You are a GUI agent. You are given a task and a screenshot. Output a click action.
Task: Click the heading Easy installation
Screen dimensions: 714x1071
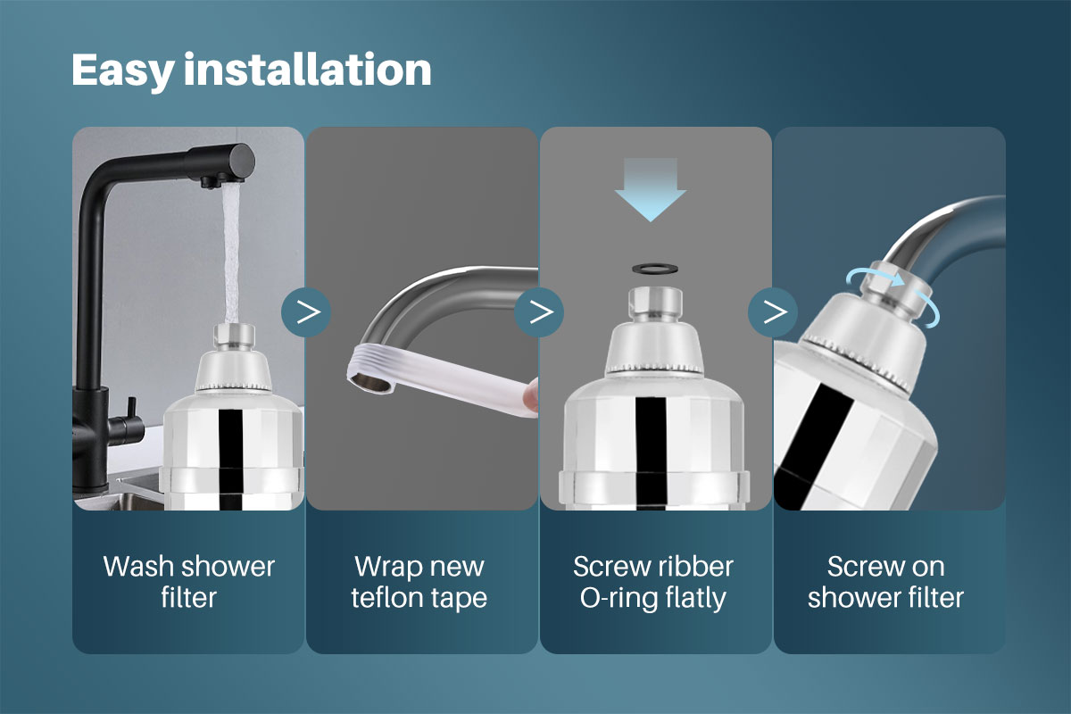point(251,70)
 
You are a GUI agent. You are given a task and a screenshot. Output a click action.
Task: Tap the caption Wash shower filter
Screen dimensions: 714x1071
point(188,581)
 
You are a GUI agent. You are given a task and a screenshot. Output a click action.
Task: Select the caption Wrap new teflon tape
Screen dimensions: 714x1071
point(419,581)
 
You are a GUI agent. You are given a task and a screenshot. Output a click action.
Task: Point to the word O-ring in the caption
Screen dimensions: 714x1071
point(619,596)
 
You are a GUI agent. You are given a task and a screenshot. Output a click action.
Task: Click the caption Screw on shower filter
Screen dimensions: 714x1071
point(885,581)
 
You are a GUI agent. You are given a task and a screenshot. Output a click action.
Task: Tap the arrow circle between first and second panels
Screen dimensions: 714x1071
point(306,311)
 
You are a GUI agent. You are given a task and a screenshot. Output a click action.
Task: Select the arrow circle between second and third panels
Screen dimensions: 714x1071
point(539,311)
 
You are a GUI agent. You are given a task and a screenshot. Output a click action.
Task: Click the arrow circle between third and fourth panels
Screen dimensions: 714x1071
point(773,311)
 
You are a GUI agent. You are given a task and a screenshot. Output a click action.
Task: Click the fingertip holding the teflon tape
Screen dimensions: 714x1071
point(530,396)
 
